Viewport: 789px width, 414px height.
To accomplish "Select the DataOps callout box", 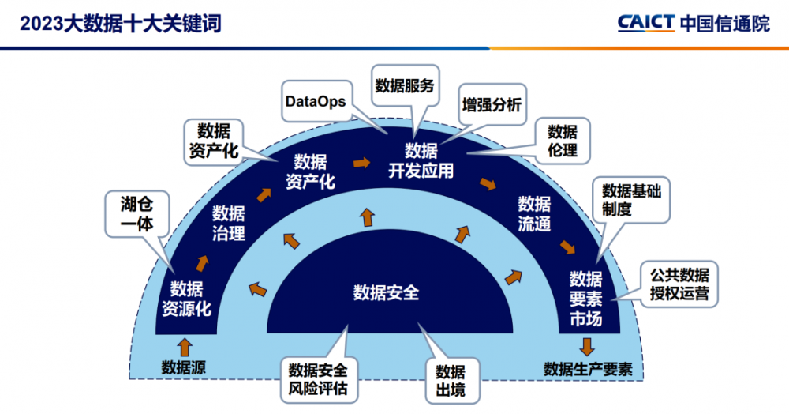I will pyautogui.click(x=316, y=101).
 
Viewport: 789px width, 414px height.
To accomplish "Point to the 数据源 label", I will pyautogui.click(x=184, y=367).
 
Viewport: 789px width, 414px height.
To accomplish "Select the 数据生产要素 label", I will pyautogui.click(x=588, y=369).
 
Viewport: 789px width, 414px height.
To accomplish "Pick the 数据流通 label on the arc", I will pyautogui.click(x=533, y=213).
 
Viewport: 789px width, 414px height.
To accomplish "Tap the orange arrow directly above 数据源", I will pyautogui.click(x=185, y=347).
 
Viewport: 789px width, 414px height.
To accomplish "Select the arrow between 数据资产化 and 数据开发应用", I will pyautogui.click(x=361, y=162).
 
